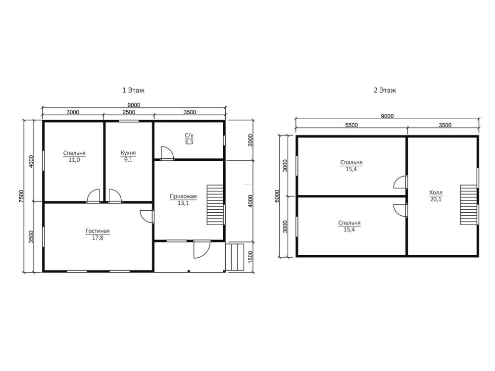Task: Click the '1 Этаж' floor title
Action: [133, 90]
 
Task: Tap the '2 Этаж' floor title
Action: [385, 90]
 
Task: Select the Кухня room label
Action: [128, 153]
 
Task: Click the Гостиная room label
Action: [98, 231]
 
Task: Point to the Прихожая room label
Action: [183, 196]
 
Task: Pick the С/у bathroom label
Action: [189, 136]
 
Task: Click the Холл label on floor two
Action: [436, 192]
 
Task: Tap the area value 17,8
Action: [98, 238]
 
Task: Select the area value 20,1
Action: [436, 199]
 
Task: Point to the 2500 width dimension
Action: [129, 112]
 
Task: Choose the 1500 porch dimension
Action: [250, 257]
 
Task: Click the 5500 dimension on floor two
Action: [351, 125]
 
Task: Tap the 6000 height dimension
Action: [277, 196]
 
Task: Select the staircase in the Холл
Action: [468, 205]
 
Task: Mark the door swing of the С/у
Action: [167, 153]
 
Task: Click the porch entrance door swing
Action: [201, 249]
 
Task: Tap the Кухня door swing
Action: [115, 195]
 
